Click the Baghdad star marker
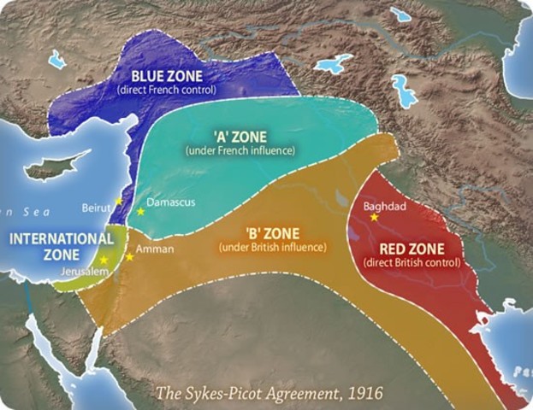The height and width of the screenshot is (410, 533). (373, 218)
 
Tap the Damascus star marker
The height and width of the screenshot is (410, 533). (140, 211)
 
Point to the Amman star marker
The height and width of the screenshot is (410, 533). (130, 256)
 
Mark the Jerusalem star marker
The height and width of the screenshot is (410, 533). (104, 259)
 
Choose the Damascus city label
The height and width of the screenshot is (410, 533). (171, 203)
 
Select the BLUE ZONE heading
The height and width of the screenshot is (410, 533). (167, 75)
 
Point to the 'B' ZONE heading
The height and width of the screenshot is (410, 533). (272, 233)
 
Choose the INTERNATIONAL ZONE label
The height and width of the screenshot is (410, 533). (62, 246)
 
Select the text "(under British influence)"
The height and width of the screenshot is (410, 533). (273, 247)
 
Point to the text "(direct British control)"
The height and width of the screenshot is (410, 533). (412, 262)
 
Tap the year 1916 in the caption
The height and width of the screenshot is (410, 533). (364, 393)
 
